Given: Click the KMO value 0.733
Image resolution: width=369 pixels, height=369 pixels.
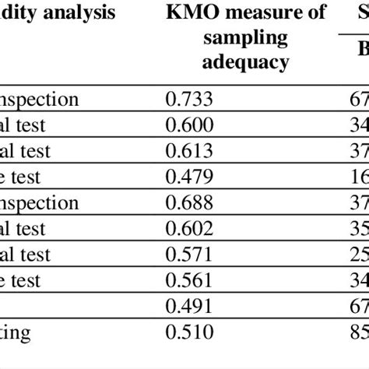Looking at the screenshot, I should click(x=188, y=100).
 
